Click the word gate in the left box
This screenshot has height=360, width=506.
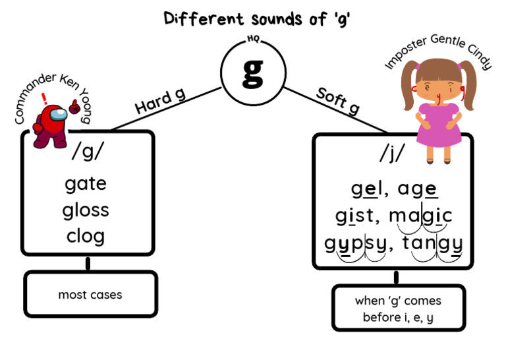(x=86, y=183)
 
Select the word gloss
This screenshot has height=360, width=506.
(x=86, y=210)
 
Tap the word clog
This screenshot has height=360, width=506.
(x=86, y=235)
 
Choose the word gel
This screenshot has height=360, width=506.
(x=366, y=189)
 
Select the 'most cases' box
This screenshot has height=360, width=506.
(x=90, y=295)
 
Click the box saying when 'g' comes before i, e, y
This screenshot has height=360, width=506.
(x=398, y=309)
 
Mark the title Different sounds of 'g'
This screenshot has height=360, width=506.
(x=256, y=18)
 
